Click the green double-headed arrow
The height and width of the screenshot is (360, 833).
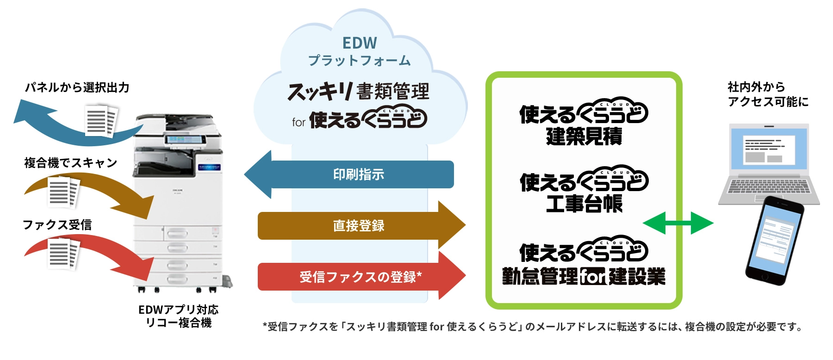tap(678, 223)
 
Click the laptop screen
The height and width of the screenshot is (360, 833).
tap(768, 149)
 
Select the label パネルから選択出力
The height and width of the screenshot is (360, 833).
tap(77, 87)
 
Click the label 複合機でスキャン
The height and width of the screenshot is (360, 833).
tap(70, 163)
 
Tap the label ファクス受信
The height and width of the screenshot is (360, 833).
tap(57, 225)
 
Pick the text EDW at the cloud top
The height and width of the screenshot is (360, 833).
tap(360, 43)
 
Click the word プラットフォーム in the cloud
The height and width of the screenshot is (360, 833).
tap(360, 61)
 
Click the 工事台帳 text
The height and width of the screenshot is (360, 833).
tap(584, 204)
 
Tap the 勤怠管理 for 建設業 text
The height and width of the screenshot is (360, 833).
tap(584, 277)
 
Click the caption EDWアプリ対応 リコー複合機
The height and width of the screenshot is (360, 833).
tap(178, 316)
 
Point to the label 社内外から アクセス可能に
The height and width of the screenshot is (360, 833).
tap(768, 94)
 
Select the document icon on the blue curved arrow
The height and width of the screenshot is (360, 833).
tap(101, 121)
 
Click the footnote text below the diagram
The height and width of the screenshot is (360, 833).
tap(532, 327)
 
